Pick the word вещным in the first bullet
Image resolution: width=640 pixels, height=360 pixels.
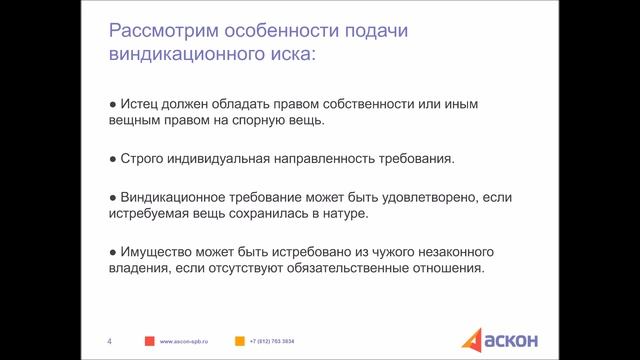pos(130,122)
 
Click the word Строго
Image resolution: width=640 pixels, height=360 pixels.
pos(140,158)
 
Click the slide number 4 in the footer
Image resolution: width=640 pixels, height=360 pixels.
pos(109,341)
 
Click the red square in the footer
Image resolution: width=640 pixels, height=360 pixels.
pos(148,341)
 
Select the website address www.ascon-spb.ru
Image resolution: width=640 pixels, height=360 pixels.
pos(186,342)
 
